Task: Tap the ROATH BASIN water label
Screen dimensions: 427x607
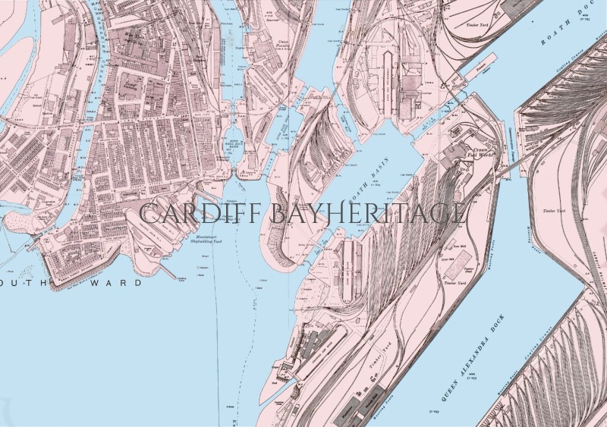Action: [x=379, y=163]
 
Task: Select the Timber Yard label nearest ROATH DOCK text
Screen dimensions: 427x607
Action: [x=476, y=24]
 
